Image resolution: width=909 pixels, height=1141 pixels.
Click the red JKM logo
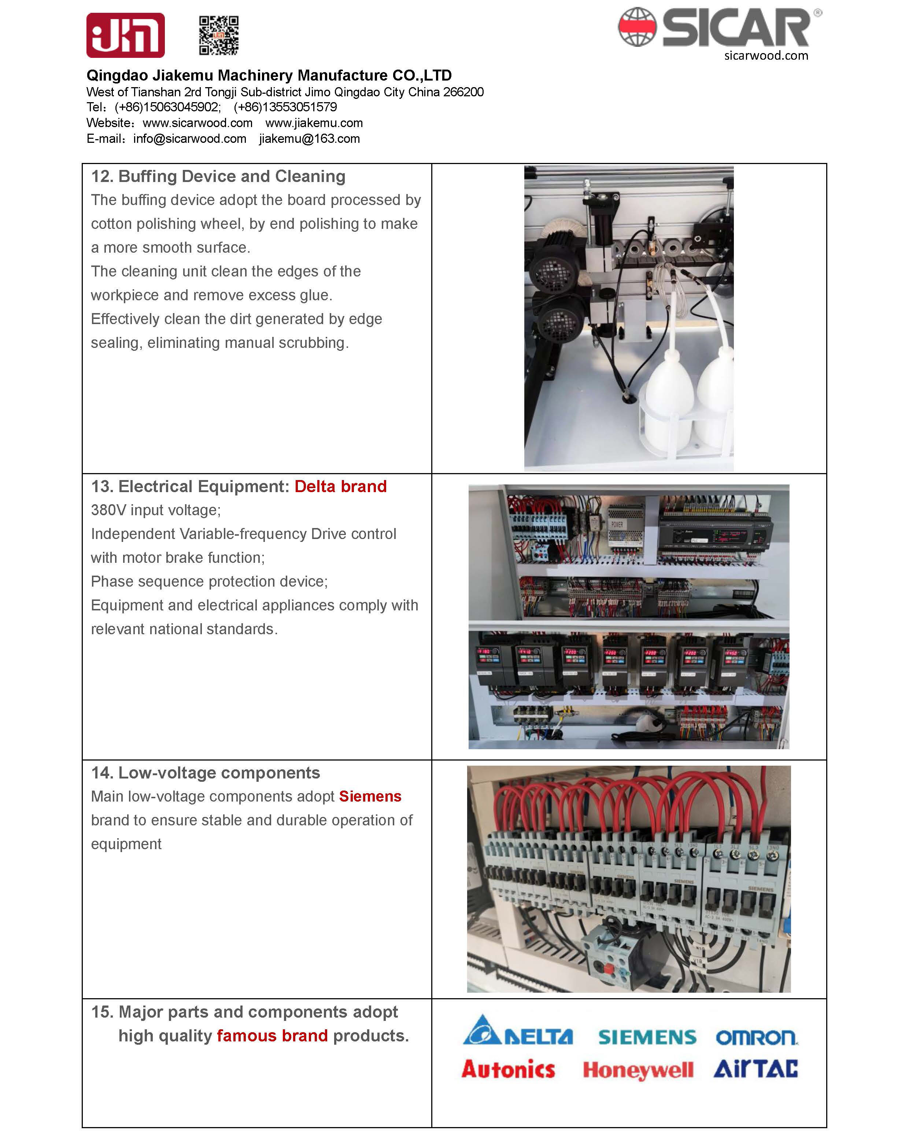coord(125,36)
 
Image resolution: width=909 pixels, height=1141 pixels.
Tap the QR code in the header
coord(219,36)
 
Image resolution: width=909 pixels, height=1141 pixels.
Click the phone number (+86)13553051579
coord(285,107)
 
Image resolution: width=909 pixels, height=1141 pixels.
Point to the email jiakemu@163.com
coord(309,139)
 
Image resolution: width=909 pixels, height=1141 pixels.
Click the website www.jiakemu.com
coord(314,123)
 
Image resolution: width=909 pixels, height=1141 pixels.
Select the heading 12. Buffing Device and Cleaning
coord(218,176)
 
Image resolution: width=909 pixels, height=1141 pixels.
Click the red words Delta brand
coord(340,486)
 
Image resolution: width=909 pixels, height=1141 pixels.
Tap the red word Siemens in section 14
coord(370,796)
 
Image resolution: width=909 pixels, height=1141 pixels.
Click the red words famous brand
coord(272,1035)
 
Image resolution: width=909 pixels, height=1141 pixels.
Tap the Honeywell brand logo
coord(638,1070)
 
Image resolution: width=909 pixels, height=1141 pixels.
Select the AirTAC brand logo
coord(755,1068)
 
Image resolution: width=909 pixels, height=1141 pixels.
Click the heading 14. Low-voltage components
coord(206,773)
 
